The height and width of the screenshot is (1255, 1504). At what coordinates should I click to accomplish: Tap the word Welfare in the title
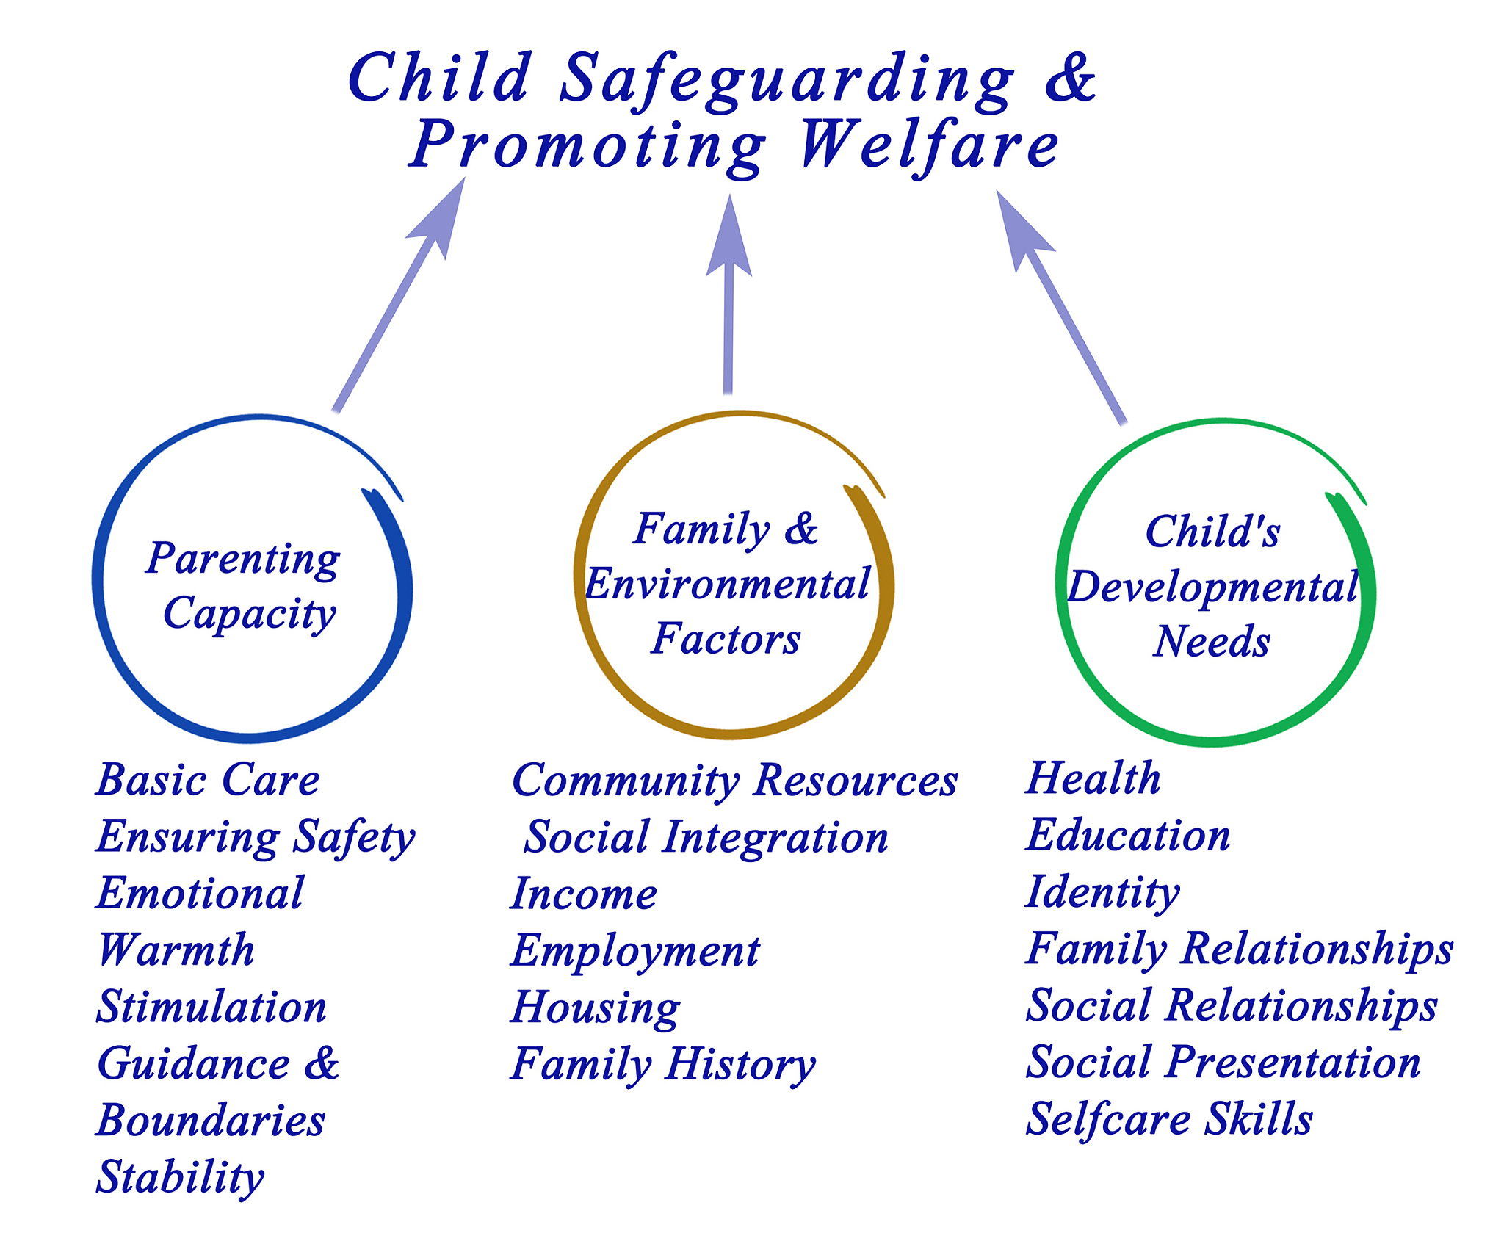click(x=930, y=146)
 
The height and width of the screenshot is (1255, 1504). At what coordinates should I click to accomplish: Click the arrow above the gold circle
click(x=728, y=294)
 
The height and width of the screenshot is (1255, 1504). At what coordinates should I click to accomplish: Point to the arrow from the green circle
click(x=1061, y=307)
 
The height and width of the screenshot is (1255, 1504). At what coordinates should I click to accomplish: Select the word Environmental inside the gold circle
click(x=727, y=585)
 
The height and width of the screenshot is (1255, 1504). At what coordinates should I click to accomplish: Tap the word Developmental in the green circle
click(x=1212, y=587)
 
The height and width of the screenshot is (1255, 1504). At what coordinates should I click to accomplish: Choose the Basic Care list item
click(x=208, y=779)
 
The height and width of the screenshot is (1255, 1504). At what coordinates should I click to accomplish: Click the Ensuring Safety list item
click(x=256, y=837)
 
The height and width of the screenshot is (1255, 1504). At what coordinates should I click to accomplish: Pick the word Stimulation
click(x=211, y=1007)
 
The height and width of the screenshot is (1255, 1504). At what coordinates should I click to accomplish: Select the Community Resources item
click(x=734, y=781)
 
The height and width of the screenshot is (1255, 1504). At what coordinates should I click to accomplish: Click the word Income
click(x=584, y=894)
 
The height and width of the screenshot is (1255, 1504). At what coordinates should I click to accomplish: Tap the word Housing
click(x=596, y=1008)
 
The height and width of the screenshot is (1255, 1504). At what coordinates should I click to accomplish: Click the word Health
click(x=1093, y=778)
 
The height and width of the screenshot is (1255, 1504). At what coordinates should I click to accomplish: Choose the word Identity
click(x=1102, y=893)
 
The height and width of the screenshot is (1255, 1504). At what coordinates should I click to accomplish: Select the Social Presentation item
click(x=1223, y=1063)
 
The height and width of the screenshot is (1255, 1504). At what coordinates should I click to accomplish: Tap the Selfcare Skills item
click(x=1168, y=1120)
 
